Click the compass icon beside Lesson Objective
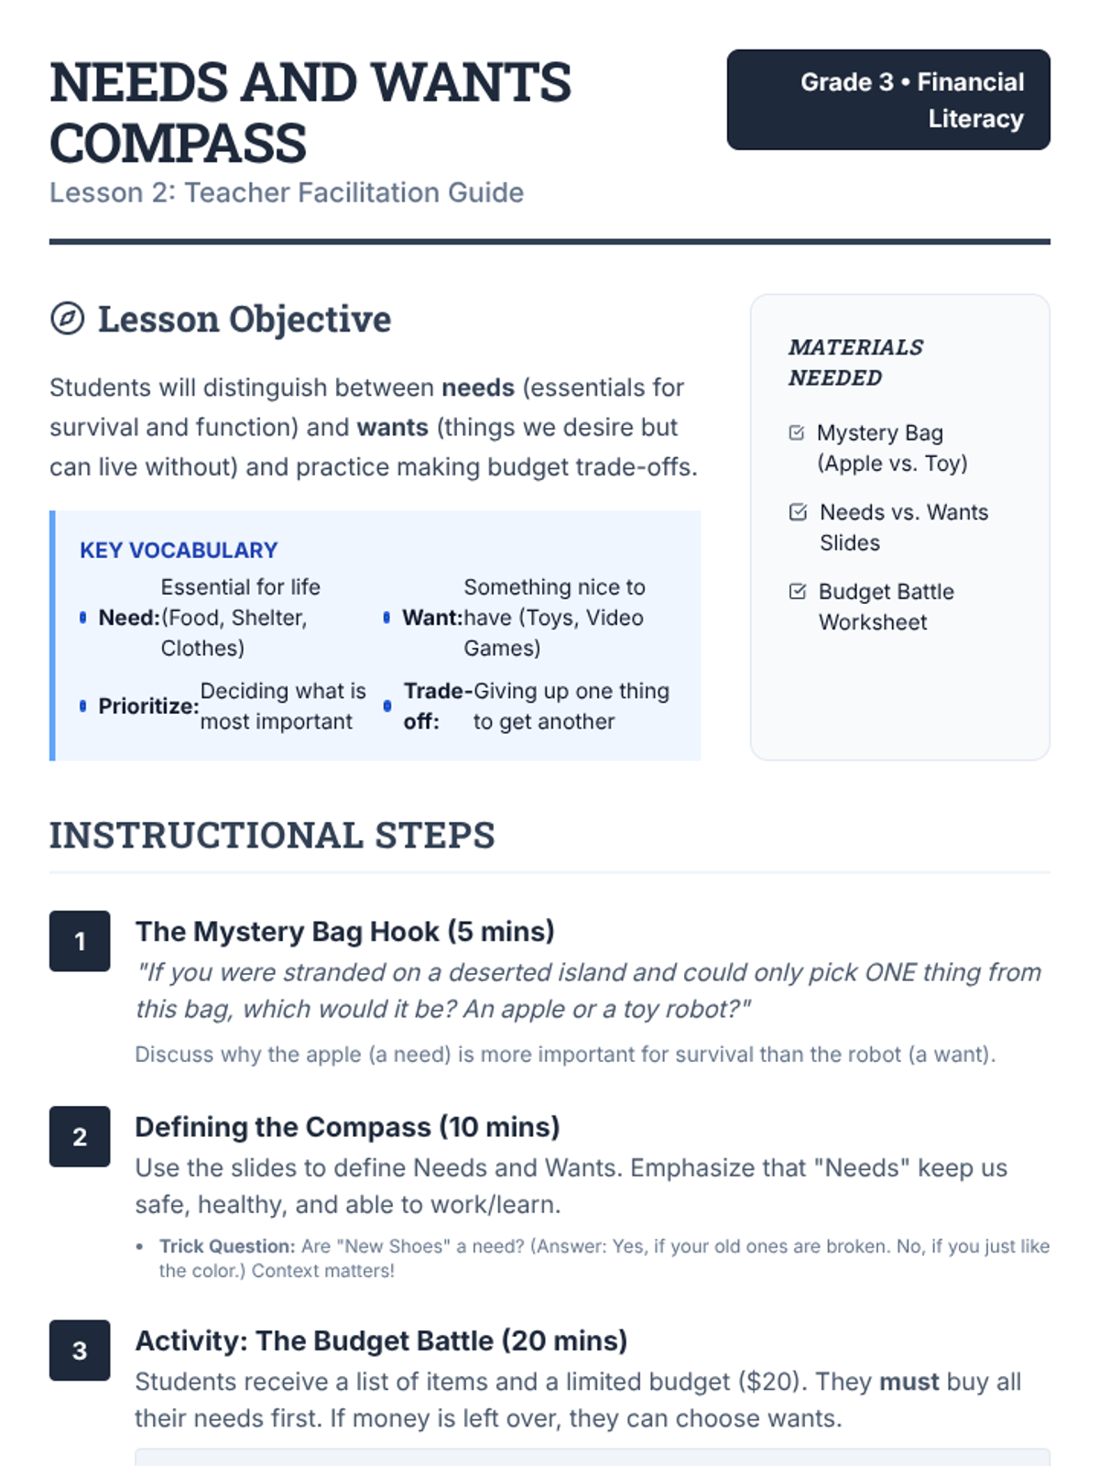67,319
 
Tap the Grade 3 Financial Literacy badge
887,100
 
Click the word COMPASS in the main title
178,143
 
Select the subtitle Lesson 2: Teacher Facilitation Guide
286,192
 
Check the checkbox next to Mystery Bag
797,432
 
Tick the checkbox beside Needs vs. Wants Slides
798,512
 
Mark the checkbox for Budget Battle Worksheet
798,592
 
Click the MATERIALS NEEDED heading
855,362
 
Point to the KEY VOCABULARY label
179,550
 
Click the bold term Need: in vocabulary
129,618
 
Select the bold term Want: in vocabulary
432,618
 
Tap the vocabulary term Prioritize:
148,706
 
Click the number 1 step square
80,941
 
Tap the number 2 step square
80,1136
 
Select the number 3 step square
80,1350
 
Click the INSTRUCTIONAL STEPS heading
272,835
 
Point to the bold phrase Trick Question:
227,1246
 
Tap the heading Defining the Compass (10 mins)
347,1127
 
